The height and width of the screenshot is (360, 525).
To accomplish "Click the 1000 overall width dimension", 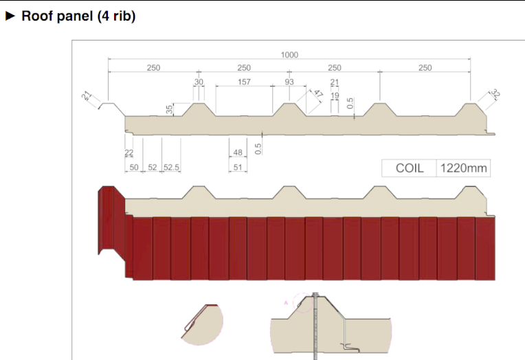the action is pyautogui.click(x=289, y=54).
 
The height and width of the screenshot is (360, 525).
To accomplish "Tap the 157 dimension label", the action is pyautogui.click(x=244, y=82).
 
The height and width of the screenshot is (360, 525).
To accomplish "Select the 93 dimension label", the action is pyautogui.click(x=289, y=82).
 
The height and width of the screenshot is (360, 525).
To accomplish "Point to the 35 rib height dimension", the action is pyautogui.click(x=170, y=109).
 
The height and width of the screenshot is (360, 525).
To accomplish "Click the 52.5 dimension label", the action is pyautogui.click(x=171, y=167).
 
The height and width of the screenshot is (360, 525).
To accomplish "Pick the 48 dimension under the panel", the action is pyautogui.click(x=238, y=153).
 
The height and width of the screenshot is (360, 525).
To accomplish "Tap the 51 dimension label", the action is pyautogui.click(x=238, y=167).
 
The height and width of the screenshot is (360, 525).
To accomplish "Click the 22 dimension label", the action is pyautogui.click(x=129, y=153).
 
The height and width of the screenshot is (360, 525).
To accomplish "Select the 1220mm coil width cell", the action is pyautogui.click(x=463, y=168).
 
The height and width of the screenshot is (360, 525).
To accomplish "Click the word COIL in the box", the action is pyautogui.click(x=410, y=168).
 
